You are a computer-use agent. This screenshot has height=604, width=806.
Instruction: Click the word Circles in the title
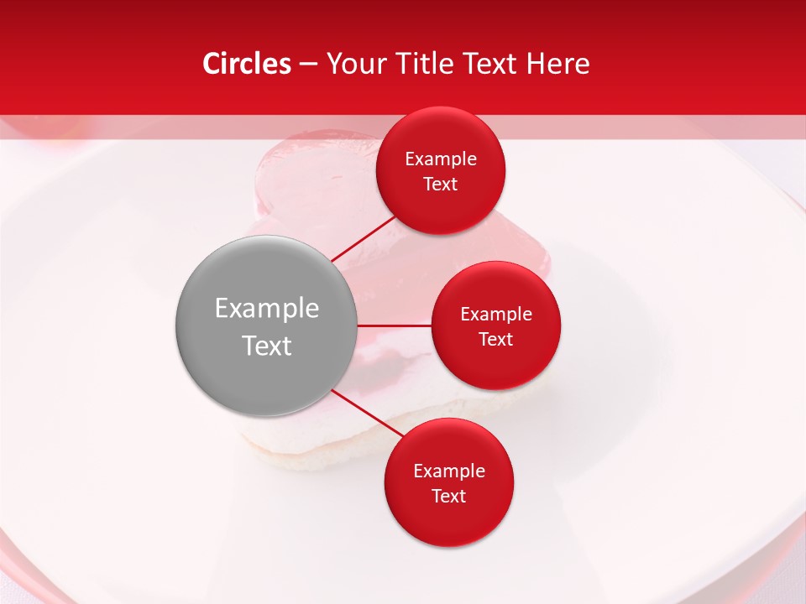[x=246, y=64]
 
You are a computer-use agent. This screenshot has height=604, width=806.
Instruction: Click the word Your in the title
[x=355, y=64]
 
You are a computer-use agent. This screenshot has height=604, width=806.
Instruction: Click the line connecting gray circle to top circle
[x=363, y=239]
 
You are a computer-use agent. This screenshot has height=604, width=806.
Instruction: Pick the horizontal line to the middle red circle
[x=394, y=325]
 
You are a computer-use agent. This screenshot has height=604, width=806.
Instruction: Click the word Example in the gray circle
[x=266, y=309]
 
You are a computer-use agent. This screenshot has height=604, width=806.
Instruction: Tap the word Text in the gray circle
[x=266, y=346]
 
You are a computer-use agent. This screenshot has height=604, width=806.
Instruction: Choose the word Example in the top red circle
[x=441, y=159]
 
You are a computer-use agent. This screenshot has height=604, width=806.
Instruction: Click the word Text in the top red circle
[x=441, y=184]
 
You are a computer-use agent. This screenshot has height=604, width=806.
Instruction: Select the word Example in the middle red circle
[x=496, y=314]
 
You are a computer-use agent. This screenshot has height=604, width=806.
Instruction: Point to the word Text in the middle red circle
[x=496, y=339]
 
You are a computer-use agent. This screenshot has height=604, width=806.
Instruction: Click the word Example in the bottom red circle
[x=448, y=471]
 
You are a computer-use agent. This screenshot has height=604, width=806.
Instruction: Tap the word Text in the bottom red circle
[x=448, y=496]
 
